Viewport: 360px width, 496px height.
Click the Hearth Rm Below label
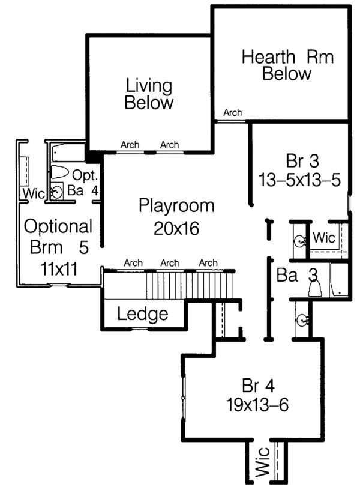pyautogui.click(x=287, y=66)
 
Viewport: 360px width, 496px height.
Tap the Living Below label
pyautogui.click(x=148, y=94)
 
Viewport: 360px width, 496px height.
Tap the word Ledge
pyautogui.click(x=142, y=314)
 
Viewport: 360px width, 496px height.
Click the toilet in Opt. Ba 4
pyautogui.click(x=59, y=172)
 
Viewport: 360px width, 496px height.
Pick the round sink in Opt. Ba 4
pyautogui.click(x=57, y=192)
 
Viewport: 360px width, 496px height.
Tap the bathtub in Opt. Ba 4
pyautogui.click(x=67, y=150)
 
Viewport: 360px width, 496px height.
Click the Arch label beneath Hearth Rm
pyautogui.click(x=232, y=113)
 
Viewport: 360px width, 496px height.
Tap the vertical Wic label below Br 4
pyautogui.click(x=262, y=464)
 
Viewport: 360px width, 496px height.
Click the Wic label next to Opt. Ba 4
pyautogui.click(x=31, y=193)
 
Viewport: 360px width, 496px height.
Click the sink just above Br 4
pyautogui.click(x=301, y=319)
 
